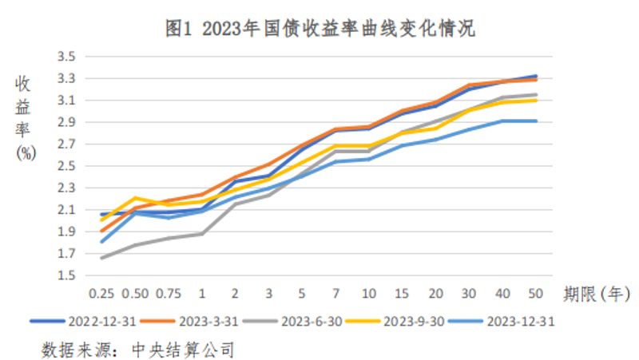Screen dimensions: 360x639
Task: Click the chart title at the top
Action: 319,30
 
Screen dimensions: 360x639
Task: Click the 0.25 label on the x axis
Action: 101,294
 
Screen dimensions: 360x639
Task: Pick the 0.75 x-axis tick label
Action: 168,294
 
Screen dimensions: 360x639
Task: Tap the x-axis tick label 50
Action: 536,294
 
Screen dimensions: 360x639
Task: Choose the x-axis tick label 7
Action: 335,294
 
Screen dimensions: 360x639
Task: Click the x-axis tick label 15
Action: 402,294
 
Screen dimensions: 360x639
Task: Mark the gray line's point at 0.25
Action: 101,258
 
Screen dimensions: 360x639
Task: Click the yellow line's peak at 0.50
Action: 135,198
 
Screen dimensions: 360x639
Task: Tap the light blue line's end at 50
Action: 536,121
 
